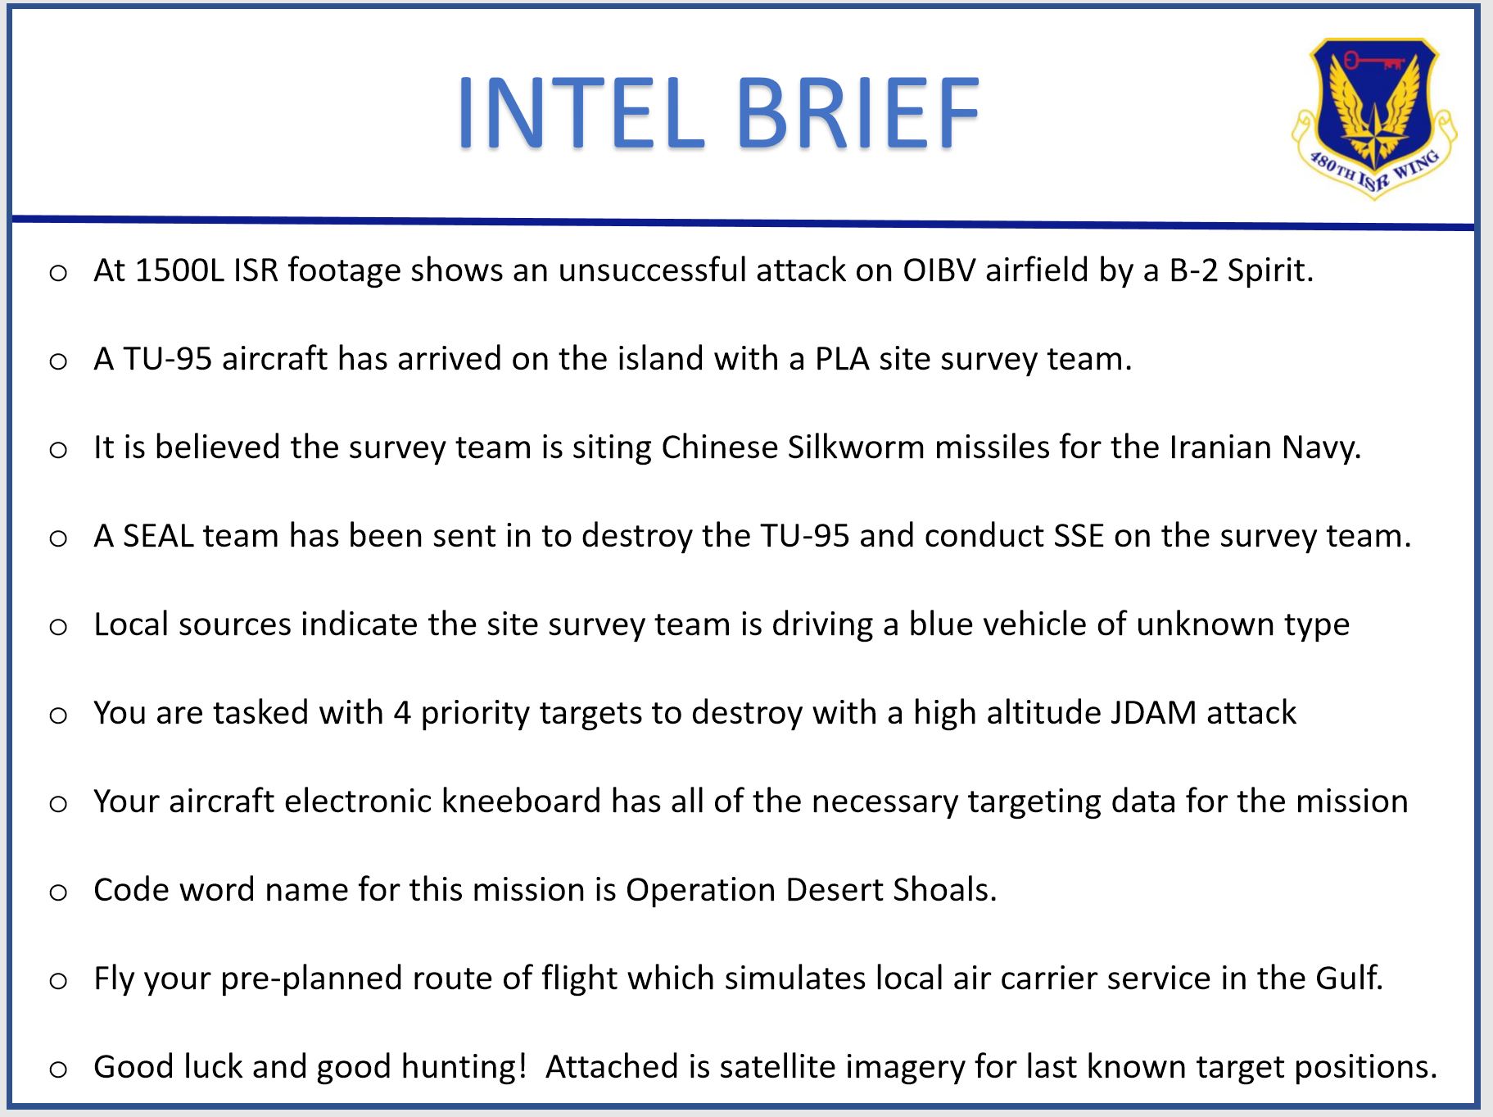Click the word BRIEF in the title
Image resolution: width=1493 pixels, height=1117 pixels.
pos(858,112)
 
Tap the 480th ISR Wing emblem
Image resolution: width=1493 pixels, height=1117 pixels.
pos(1373,117)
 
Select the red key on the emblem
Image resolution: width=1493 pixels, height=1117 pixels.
pos(1374,60)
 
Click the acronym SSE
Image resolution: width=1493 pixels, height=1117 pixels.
pos(1079,536)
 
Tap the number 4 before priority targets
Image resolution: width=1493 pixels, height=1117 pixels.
pos(402,713)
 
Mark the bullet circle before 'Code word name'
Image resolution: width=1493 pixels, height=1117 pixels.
pos(58,892)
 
